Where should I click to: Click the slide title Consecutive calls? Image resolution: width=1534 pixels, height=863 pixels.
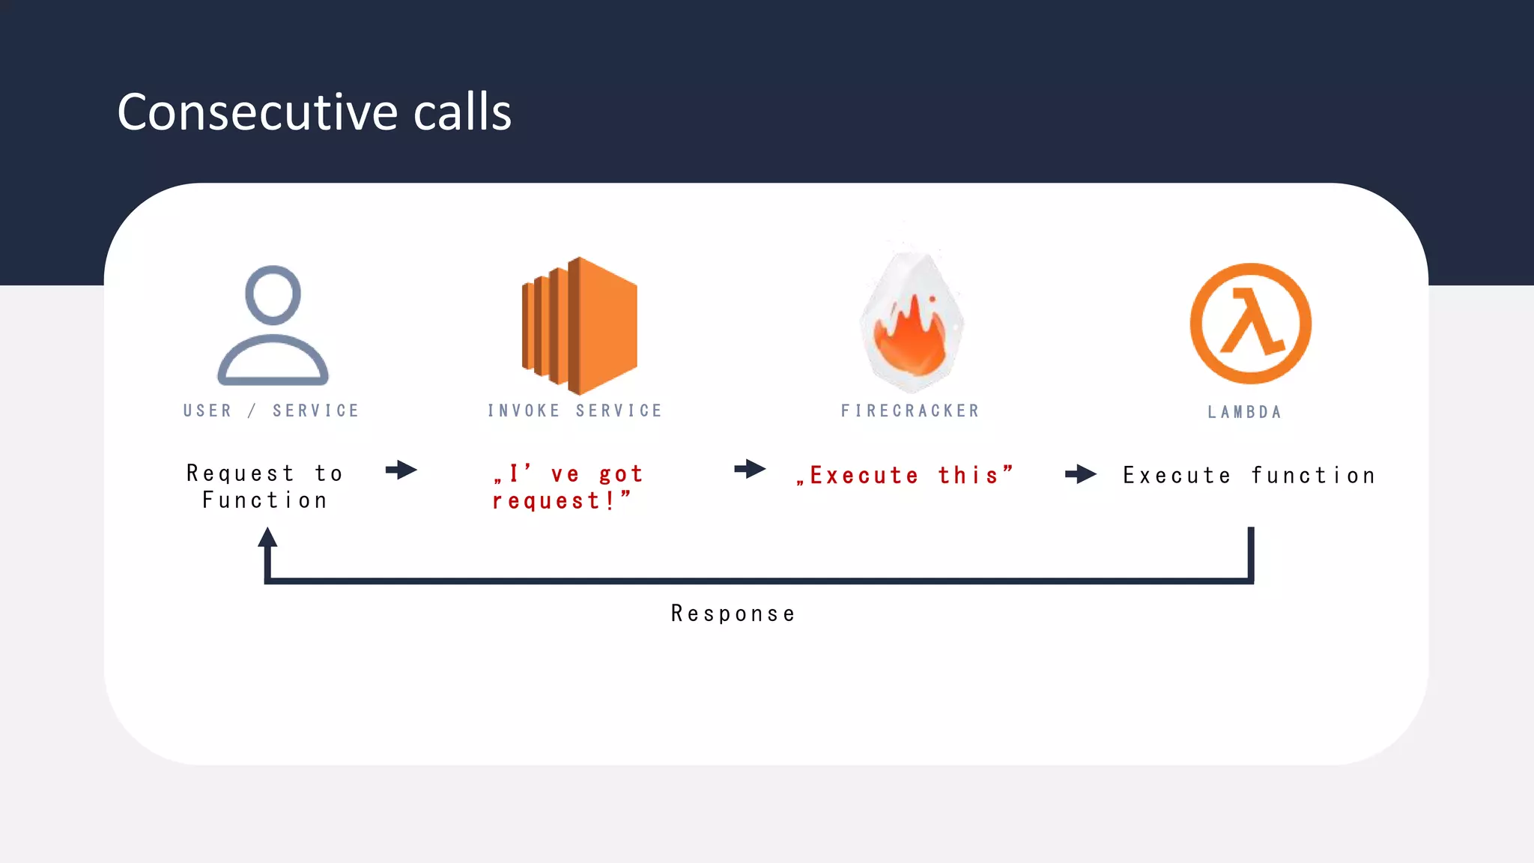(x=314, y=112)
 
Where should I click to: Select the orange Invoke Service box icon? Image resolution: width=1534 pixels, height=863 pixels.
(x=580, y=325)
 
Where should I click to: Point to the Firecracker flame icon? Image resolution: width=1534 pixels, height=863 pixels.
(x=911, y=330)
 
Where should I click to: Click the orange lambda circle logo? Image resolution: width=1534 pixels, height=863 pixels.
(x=1250, y=324)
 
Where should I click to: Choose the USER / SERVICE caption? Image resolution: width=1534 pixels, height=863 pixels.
(x=271, y=411)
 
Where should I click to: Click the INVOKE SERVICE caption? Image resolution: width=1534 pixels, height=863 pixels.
(x=575, y=411)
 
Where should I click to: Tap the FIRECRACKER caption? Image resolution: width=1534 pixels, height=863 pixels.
(x=910, y=411)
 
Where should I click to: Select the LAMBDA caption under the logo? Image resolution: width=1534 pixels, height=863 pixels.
(x=1244, y=412)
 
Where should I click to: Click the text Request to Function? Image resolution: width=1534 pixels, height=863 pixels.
(x=264, y=487)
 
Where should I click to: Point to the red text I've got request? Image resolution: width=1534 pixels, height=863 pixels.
(x=567, y=487)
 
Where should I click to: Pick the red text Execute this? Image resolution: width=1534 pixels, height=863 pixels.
(x=905, y=475)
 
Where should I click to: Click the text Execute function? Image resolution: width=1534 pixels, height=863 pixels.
(x=1249, y=475)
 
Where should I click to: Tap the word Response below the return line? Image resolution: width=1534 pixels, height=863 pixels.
(x=733, y=614)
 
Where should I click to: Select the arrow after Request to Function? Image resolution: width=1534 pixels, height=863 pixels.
(x=401, y=470)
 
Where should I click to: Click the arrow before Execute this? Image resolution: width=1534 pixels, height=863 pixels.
(x=750, y=470)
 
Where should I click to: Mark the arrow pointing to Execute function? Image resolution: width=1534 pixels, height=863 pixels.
(x=1081, y=473)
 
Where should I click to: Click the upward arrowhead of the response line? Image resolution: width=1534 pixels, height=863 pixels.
(x=267, y=538)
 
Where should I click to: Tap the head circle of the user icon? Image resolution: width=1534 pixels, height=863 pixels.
(x=273, y=294)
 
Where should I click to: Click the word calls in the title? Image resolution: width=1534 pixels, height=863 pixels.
(x=462, y=112)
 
